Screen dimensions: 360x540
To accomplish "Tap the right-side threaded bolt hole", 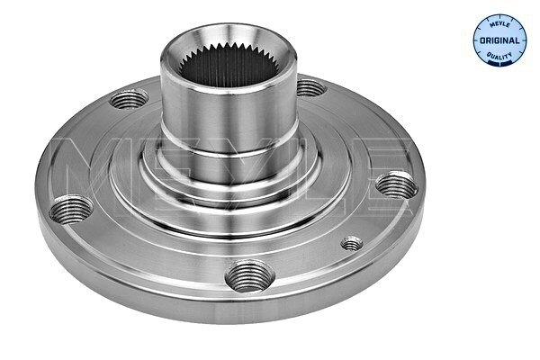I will pyautogui.click(x=396, y=187).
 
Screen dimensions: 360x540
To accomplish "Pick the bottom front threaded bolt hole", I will pyautogui.click(x=247, y=274).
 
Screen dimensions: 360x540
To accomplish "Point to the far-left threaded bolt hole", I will pyautogui.click(x=70, y=211).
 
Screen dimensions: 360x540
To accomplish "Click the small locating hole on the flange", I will pyautogui.click(x=352, y=243).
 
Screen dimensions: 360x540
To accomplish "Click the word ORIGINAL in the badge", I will pyautogui.click(x=500, y=41).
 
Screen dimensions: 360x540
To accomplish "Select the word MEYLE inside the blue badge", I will pyautogui.click(x=500, y=24).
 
